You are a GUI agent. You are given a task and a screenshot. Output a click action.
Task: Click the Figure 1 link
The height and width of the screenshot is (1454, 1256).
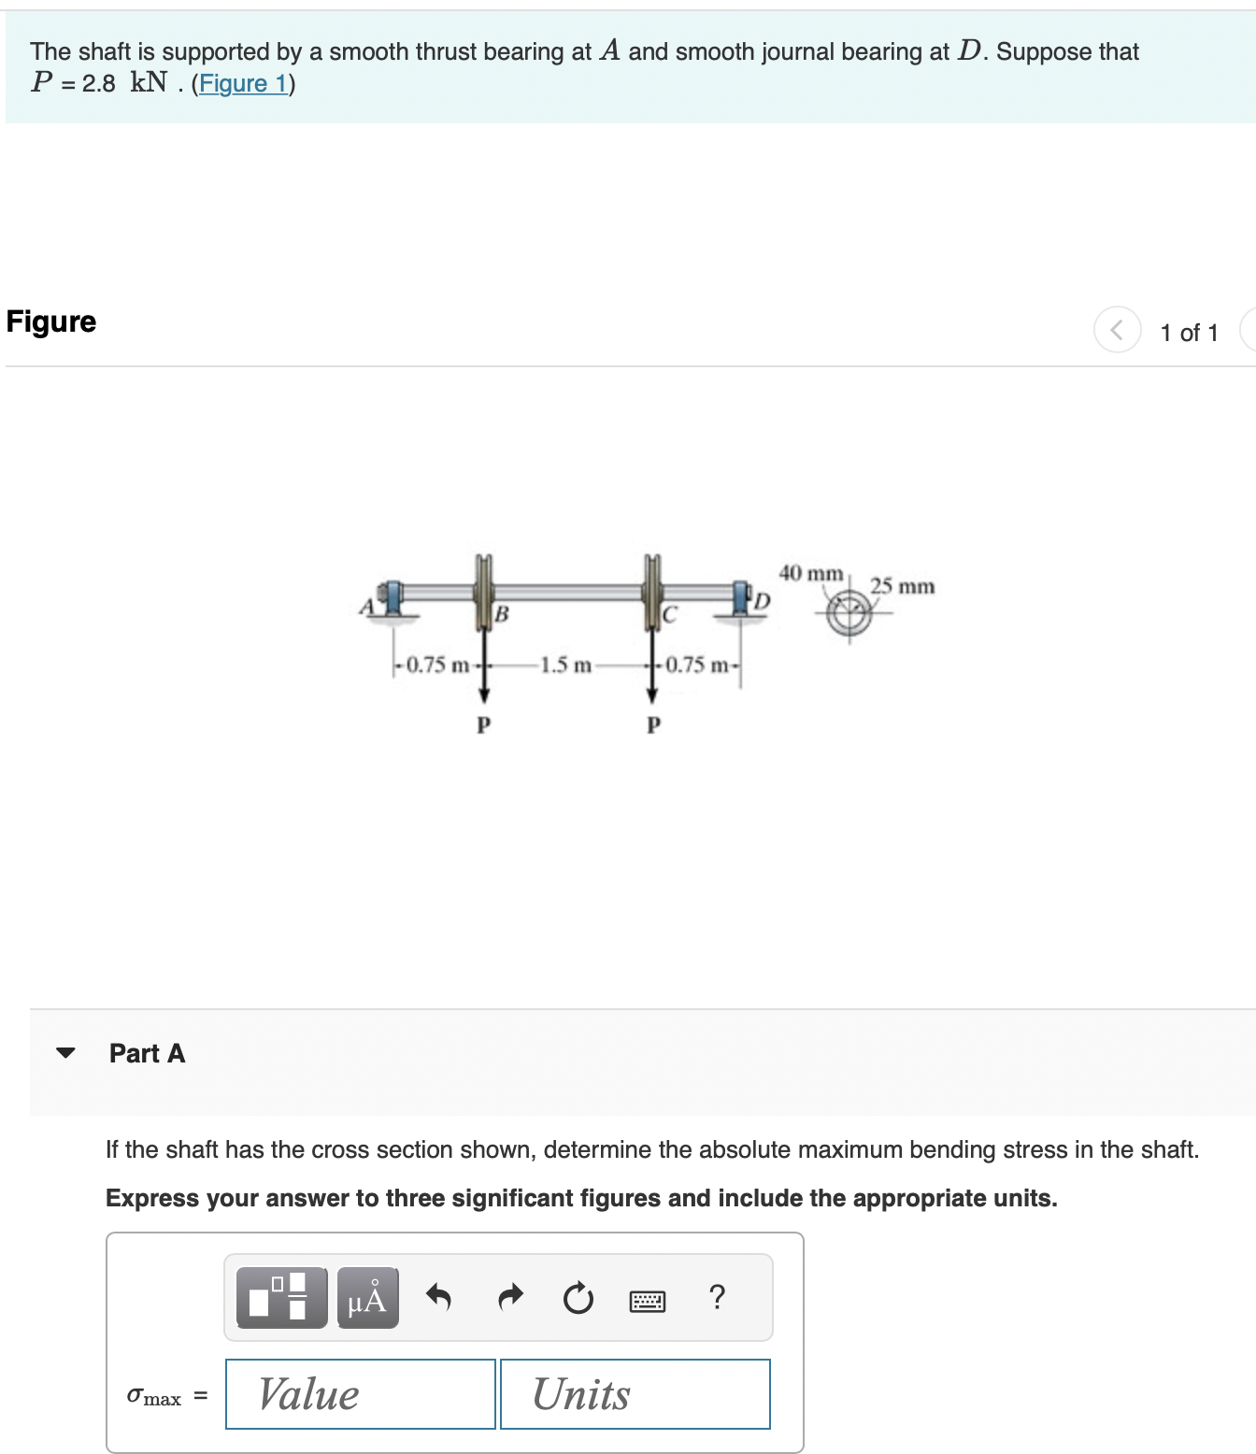[243, 84]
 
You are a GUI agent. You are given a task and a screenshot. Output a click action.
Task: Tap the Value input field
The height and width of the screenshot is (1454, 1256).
[360, 1394]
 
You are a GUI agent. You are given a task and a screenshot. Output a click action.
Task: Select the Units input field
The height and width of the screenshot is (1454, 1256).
[635, 1394]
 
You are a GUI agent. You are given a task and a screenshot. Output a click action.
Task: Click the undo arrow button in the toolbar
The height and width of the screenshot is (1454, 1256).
[438, 1297]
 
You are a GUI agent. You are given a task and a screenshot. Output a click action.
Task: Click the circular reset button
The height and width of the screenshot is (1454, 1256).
[578, 1298]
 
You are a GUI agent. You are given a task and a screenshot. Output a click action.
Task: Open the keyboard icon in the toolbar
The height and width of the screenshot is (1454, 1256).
[648, 1300]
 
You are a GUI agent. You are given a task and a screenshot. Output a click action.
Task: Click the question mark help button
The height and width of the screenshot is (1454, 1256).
[717, 1297]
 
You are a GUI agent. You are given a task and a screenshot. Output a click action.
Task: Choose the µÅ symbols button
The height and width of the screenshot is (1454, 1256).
[367, 1298]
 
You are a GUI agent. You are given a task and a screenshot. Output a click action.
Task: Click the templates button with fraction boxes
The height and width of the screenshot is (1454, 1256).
[281, 1298]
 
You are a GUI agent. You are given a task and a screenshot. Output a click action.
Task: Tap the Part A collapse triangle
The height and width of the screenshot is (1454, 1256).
[65, 1053]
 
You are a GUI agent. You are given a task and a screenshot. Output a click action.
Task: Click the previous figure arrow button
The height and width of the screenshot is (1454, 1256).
[1117, 330]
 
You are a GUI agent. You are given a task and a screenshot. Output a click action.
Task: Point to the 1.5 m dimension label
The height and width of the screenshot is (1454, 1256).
[565, 665]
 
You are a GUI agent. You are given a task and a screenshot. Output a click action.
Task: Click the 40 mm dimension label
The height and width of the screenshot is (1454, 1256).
[810, 573]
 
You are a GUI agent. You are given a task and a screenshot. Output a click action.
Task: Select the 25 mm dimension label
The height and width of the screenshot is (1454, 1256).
[902, 587]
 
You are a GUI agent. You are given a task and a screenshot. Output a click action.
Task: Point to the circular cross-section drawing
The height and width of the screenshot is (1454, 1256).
[849, 613]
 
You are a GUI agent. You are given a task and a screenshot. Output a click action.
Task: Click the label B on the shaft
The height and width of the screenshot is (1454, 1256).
[502, 614]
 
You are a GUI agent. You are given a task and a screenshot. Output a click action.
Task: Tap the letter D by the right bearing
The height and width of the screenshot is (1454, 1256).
[763, 601]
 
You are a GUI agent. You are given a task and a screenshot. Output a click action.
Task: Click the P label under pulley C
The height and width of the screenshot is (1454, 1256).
[653, 725]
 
